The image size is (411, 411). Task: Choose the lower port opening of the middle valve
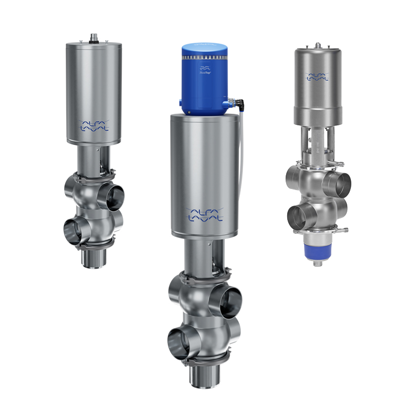(180, 340)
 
